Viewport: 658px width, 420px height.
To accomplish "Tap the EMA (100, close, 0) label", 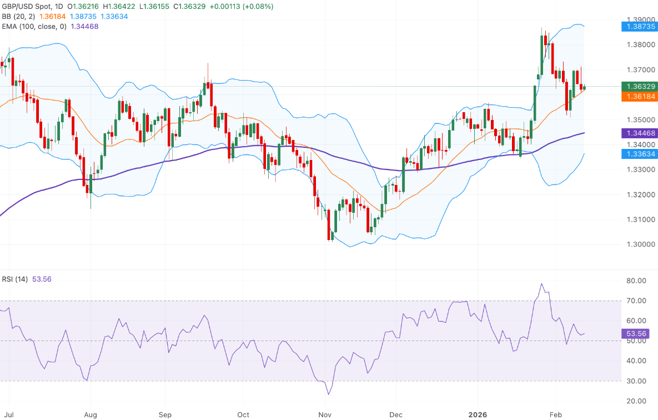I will pyautogui.click(x=33, y=26).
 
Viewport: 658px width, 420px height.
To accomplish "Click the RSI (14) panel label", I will pyautogui.click(x=15, y=279).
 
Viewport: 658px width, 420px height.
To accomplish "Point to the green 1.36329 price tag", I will pyautogui.click(x=639, y=87).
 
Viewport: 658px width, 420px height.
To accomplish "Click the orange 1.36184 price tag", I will pyautogui.click(x=639, y=97).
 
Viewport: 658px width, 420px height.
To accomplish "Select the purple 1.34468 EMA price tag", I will pyautogui.click(x=639, y=133).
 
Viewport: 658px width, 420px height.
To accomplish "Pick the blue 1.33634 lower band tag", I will pyautogui.click(x=639, y=153).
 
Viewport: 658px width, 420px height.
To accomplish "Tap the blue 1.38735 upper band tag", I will pyautogui.click(x=639, y=26).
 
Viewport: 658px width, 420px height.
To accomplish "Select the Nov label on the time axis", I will pyautogui.click(x=325, y=414).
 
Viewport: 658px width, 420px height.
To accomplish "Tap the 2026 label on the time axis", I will pyautogui.click(x=478, y=414).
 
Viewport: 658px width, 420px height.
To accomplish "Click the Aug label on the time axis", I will pyautogui.click(x=91, y=414).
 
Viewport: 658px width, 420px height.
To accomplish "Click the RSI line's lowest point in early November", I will pyautogui.click(x=328, y=394).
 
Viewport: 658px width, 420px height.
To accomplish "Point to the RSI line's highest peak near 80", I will pyautogui.click(x=541, y=284).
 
